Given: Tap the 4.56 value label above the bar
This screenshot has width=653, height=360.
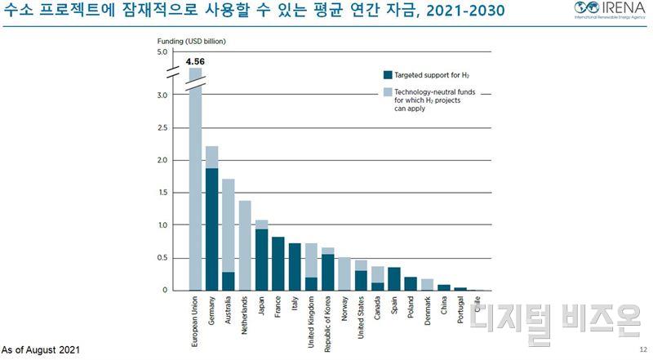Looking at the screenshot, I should (x=195, y=61).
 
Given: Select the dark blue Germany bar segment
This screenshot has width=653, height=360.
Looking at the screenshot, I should (x=211, y=229).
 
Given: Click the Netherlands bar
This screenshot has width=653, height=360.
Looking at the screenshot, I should (x=245, y=245).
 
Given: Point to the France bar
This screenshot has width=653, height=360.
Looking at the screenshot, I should (x=278, y=263).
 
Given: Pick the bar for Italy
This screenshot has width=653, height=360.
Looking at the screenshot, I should (x=295, y=266).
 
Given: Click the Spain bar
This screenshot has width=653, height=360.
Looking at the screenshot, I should (x=394, y=278).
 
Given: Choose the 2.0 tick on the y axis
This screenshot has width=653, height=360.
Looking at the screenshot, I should (x=161, y=160).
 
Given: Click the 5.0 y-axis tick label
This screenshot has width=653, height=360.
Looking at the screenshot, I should (x=161, y=52).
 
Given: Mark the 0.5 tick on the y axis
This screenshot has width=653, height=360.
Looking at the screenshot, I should (x=161, y=258).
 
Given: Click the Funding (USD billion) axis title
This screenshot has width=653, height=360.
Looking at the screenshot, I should (x=191, y=40).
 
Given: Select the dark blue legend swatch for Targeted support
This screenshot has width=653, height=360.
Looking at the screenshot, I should (x=388, y=74).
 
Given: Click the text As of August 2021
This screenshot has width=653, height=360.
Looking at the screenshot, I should (x=41, y=350).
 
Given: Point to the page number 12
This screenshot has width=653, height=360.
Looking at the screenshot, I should (x=642, y=350).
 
